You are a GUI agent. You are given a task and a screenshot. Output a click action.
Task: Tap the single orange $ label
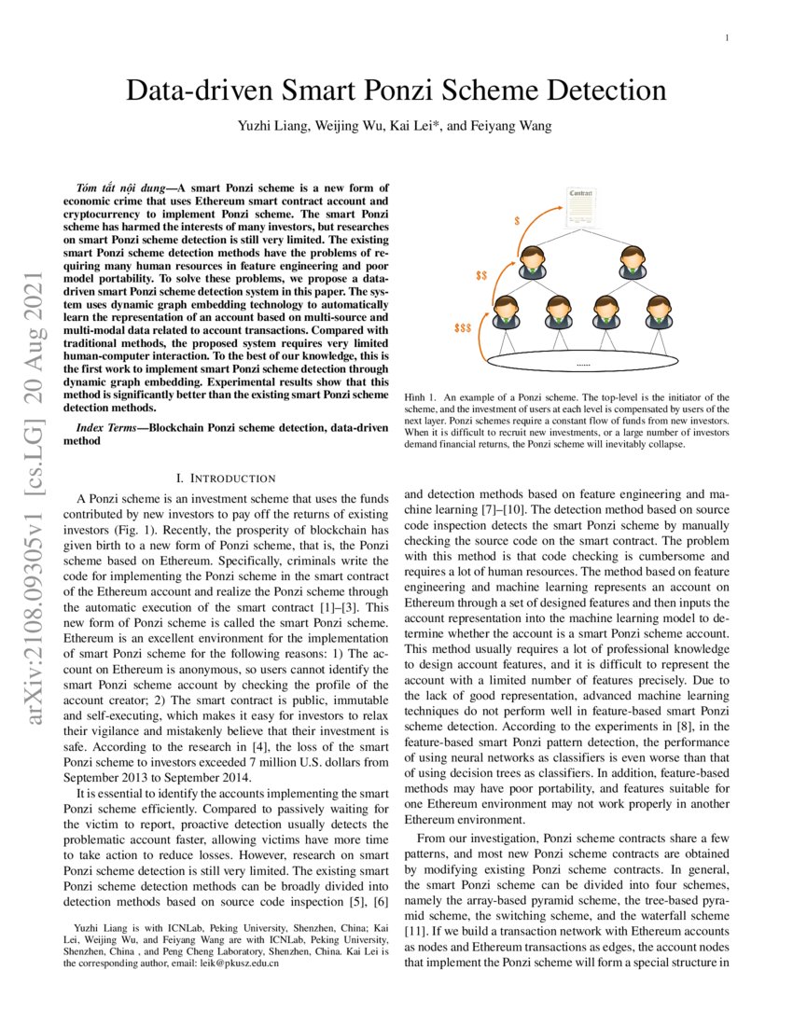coord(517,222)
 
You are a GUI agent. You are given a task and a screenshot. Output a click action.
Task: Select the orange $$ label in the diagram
coord(481,277)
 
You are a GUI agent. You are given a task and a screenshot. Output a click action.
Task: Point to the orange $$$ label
coord(462,329)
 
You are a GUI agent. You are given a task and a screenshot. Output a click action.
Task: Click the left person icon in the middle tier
coord(533,263)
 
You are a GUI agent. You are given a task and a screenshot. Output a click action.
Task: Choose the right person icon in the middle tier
coord(633,263)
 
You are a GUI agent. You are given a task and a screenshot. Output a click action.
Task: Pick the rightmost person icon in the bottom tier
coord(659,314)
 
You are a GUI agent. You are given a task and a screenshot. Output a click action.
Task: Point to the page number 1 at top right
coord(726,38)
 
